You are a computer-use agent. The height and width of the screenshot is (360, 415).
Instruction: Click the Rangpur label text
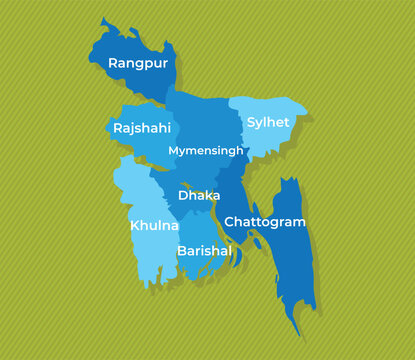[138, 64]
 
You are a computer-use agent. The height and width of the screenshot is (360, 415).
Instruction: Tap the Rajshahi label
[141, 129]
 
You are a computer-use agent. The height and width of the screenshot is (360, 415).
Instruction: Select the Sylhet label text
[268, 122]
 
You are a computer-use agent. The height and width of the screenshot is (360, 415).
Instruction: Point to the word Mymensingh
[206, 151]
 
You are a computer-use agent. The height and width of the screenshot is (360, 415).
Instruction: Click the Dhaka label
[199, 196]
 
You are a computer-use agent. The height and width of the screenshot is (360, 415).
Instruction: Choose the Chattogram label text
[265, 221]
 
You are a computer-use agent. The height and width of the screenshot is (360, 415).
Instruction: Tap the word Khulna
[154, 226]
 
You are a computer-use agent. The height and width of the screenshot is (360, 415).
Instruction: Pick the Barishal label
[204, 251]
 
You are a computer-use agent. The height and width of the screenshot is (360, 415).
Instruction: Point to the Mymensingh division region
[200, 125]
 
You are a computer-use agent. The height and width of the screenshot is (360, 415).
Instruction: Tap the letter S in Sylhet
[251, 122]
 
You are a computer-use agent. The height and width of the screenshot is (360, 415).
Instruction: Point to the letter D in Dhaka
[183, 196]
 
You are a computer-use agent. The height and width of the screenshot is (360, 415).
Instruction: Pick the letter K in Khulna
[135, 226]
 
